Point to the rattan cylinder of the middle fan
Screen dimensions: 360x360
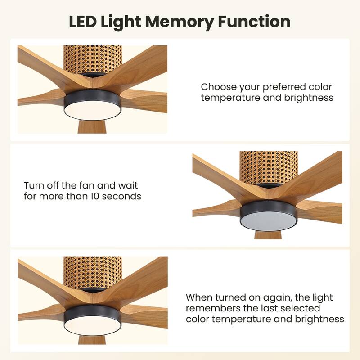269,166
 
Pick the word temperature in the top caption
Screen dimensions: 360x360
229,98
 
